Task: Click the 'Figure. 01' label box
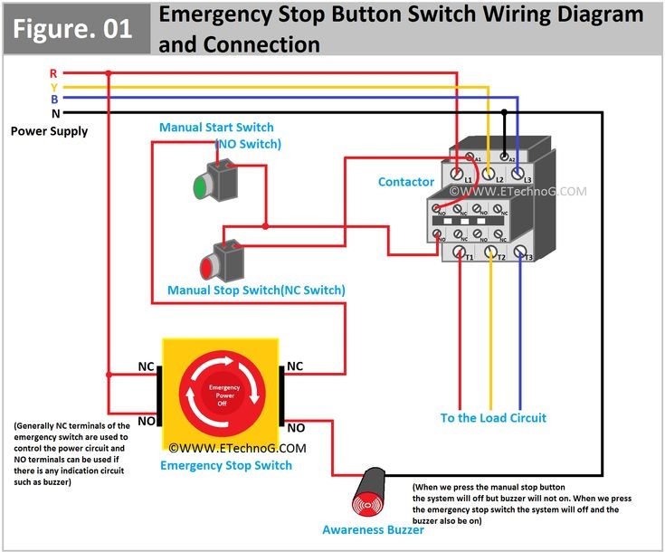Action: point(73,27)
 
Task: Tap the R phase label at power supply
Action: point(53,72)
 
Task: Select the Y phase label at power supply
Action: point(53,87)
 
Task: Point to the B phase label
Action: point(54,99)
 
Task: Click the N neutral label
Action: point(55,113)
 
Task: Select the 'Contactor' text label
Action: point(405,182)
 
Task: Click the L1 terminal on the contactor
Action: point(459,172)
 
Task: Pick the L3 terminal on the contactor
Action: point(518,172)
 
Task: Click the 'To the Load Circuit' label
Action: point(493,418)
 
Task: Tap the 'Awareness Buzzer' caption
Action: point(373,529)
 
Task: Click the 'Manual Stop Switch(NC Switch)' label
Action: point(256,290)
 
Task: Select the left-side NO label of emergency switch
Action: point(146,422)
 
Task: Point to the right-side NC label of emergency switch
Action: point(295,366)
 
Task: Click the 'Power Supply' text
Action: point(49,131)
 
